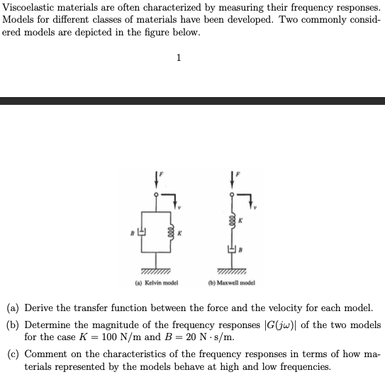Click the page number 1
tap(179, 58)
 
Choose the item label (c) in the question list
tap(13, 353)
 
